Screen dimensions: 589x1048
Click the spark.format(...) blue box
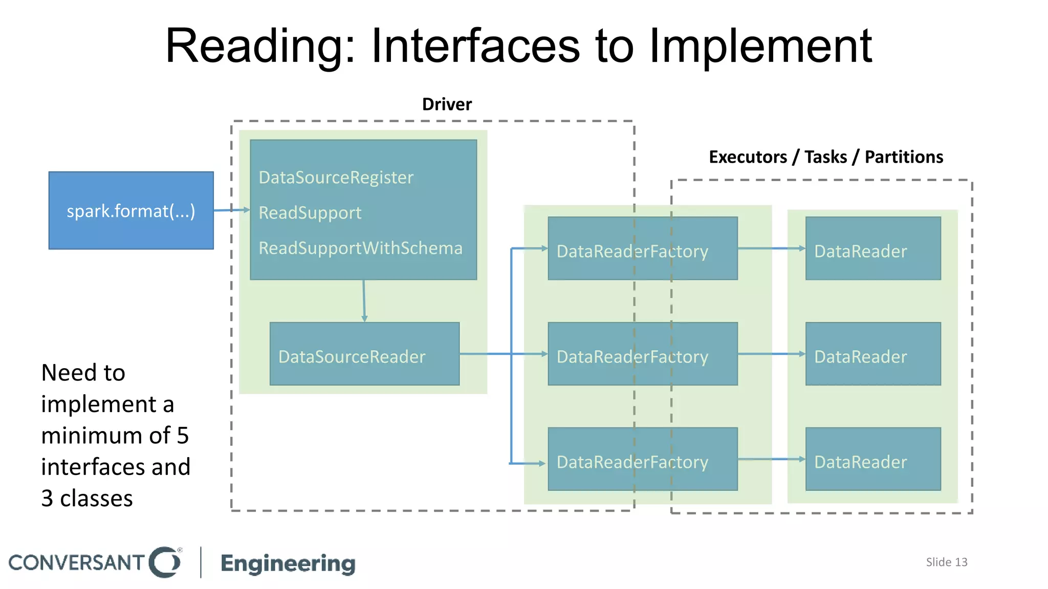coord(131,211)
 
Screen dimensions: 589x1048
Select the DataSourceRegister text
coord(336,177)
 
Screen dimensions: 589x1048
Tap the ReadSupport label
coord(310,213)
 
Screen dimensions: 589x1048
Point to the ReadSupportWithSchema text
coord(360,248)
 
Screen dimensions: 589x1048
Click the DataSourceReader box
coord(364,354)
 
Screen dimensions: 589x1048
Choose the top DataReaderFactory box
coord(642,248)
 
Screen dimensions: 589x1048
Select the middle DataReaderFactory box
coord(642,354)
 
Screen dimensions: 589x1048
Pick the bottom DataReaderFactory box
coord(642,459)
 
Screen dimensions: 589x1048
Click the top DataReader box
coord(873,248)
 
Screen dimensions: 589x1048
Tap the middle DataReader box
coord(873,354)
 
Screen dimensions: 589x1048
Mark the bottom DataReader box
coord(873,459)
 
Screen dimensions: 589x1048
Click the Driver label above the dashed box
coord(447,104)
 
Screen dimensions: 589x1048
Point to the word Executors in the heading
coord(748,157)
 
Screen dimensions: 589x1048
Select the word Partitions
coord(904,157)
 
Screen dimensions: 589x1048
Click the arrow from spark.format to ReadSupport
coord(231,210)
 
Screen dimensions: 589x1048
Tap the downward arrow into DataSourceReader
coord(364,302)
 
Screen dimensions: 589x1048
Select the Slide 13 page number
coord(946,562)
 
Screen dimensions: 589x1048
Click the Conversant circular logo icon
coord(165,562)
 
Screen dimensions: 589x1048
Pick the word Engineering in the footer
coord(288,563)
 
